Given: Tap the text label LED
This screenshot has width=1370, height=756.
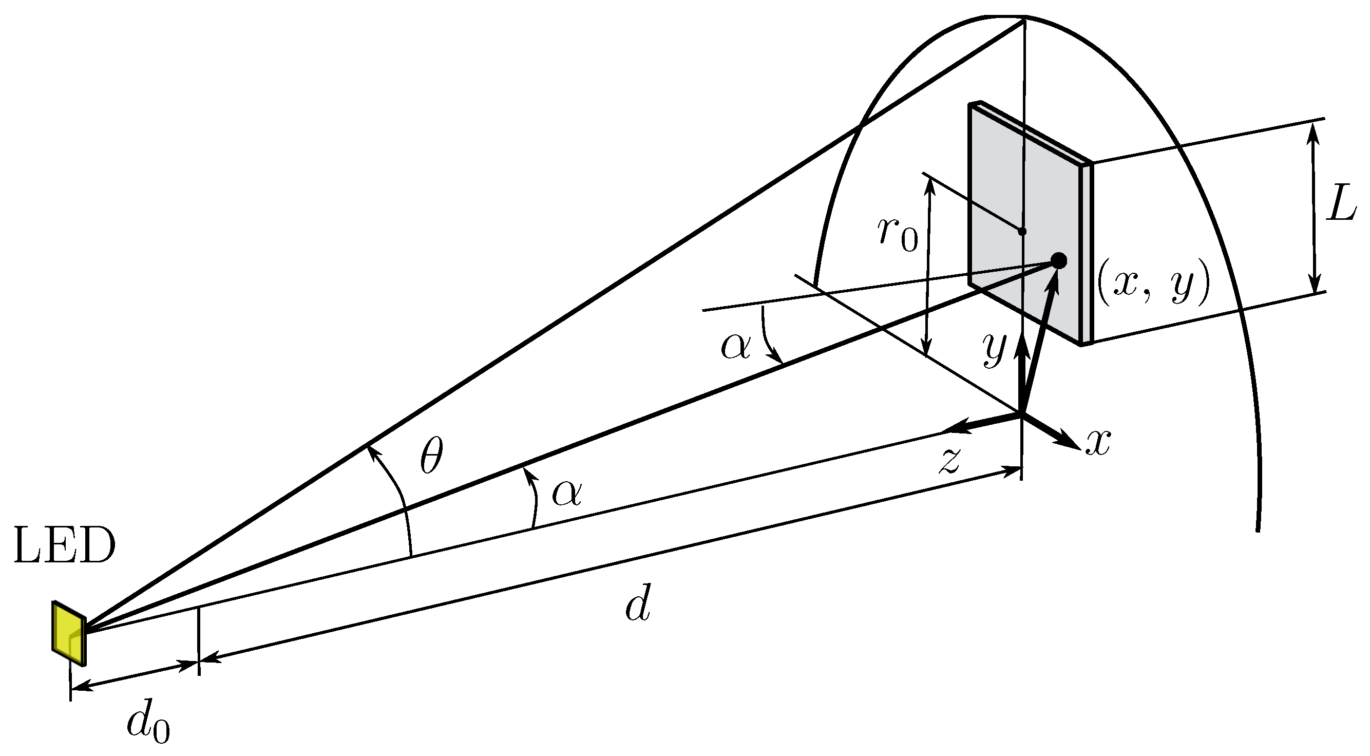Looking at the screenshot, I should pyautogui.click(x=64, y=546).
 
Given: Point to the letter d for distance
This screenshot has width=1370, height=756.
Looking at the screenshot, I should pyautogui.click(x=638, y=606).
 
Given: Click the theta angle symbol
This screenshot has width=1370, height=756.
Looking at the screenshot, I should pyautogui.click(x=431, y=456).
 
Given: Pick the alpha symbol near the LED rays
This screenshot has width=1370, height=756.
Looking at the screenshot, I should pyautogui.click(x=567, y=492).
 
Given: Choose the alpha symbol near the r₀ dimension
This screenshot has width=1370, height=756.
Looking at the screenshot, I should pyautogui.click(x=735, y=346).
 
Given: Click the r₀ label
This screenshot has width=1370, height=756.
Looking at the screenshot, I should pyautogui.click(x=898, y=235).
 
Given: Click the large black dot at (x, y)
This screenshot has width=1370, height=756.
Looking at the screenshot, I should pyautogui.click(x=1058, y=261).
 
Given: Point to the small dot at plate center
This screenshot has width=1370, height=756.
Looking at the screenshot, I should pyautogui.click(x=1022, y=232).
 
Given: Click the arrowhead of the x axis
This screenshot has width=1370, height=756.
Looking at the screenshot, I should pyautogui.click(x=1069, y=440).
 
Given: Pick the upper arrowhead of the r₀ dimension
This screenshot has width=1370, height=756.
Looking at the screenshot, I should pyautogui.click(x=929, y=183).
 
